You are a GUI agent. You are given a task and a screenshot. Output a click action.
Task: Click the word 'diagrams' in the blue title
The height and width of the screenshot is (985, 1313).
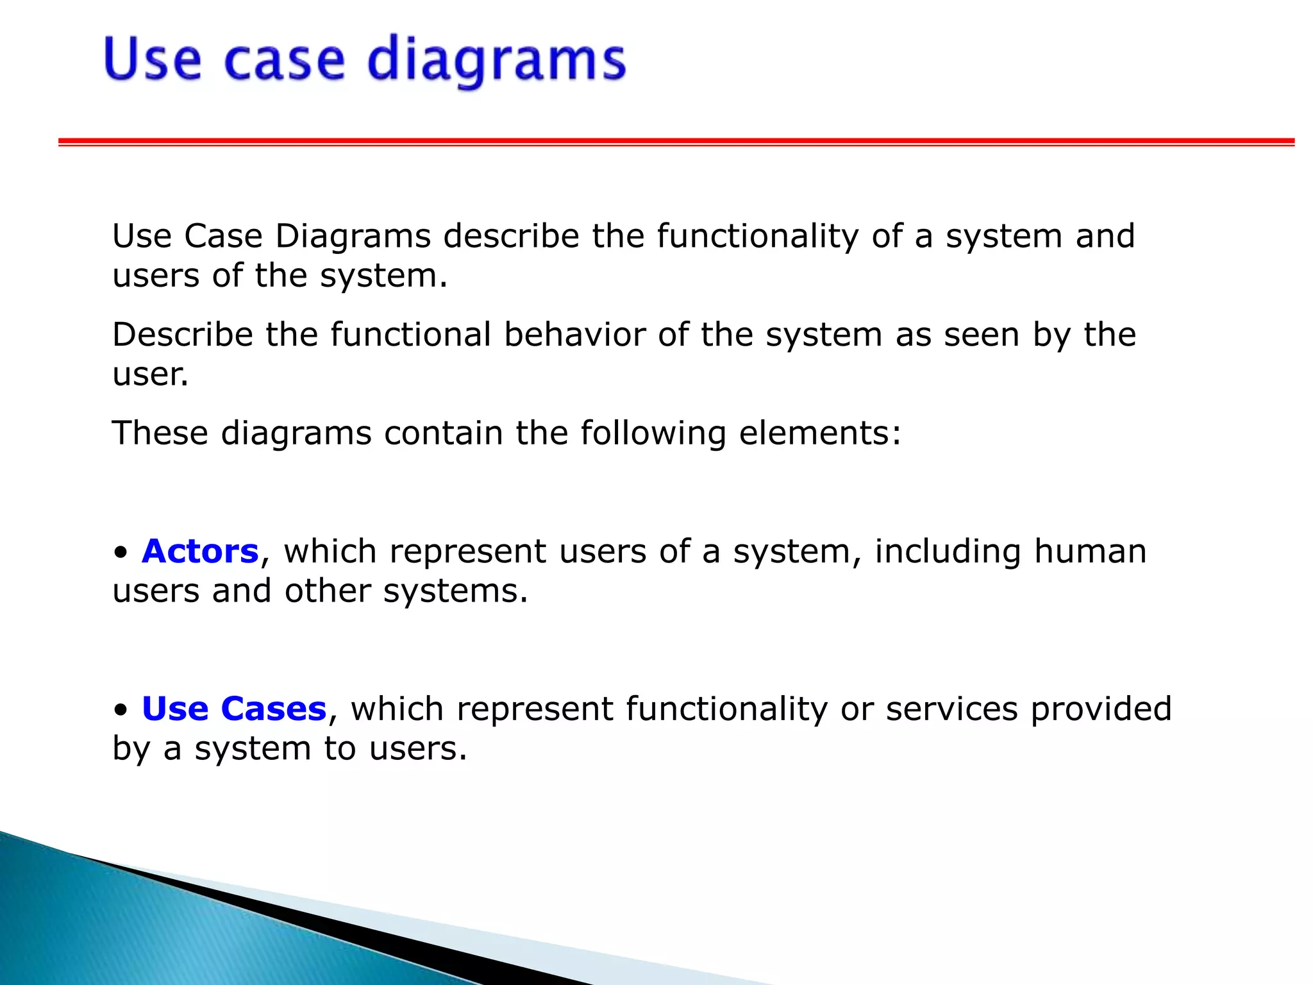tap(496, 61)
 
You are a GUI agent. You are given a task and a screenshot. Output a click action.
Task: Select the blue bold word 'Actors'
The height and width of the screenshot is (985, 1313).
tap(200, 551)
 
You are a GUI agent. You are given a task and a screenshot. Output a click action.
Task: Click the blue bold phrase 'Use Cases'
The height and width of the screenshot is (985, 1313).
tap(234, 709)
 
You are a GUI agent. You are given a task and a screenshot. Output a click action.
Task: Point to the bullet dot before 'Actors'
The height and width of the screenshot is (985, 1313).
tap(121, 553)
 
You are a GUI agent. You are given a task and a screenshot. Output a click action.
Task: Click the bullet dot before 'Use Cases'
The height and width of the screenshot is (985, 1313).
tap(121, 711)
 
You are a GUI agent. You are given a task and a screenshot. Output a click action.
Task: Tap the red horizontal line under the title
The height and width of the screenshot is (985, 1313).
tap(676, 141)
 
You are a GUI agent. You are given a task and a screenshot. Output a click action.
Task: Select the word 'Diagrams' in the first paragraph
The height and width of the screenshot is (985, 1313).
tap(353, 237)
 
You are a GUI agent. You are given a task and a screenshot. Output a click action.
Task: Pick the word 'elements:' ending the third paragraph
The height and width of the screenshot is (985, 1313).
tap(820, 433)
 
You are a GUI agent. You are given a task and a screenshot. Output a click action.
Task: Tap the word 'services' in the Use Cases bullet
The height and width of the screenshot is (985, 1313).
tap(951, 709)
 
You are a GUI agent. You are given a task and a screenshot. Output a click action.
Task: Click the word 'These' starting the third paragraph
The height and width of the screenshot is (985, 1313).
tap(160, 433)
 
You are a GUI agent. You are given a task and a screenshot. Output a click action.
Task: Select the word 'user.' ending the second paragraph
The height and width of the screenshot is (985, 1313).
tap(151, 375)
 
